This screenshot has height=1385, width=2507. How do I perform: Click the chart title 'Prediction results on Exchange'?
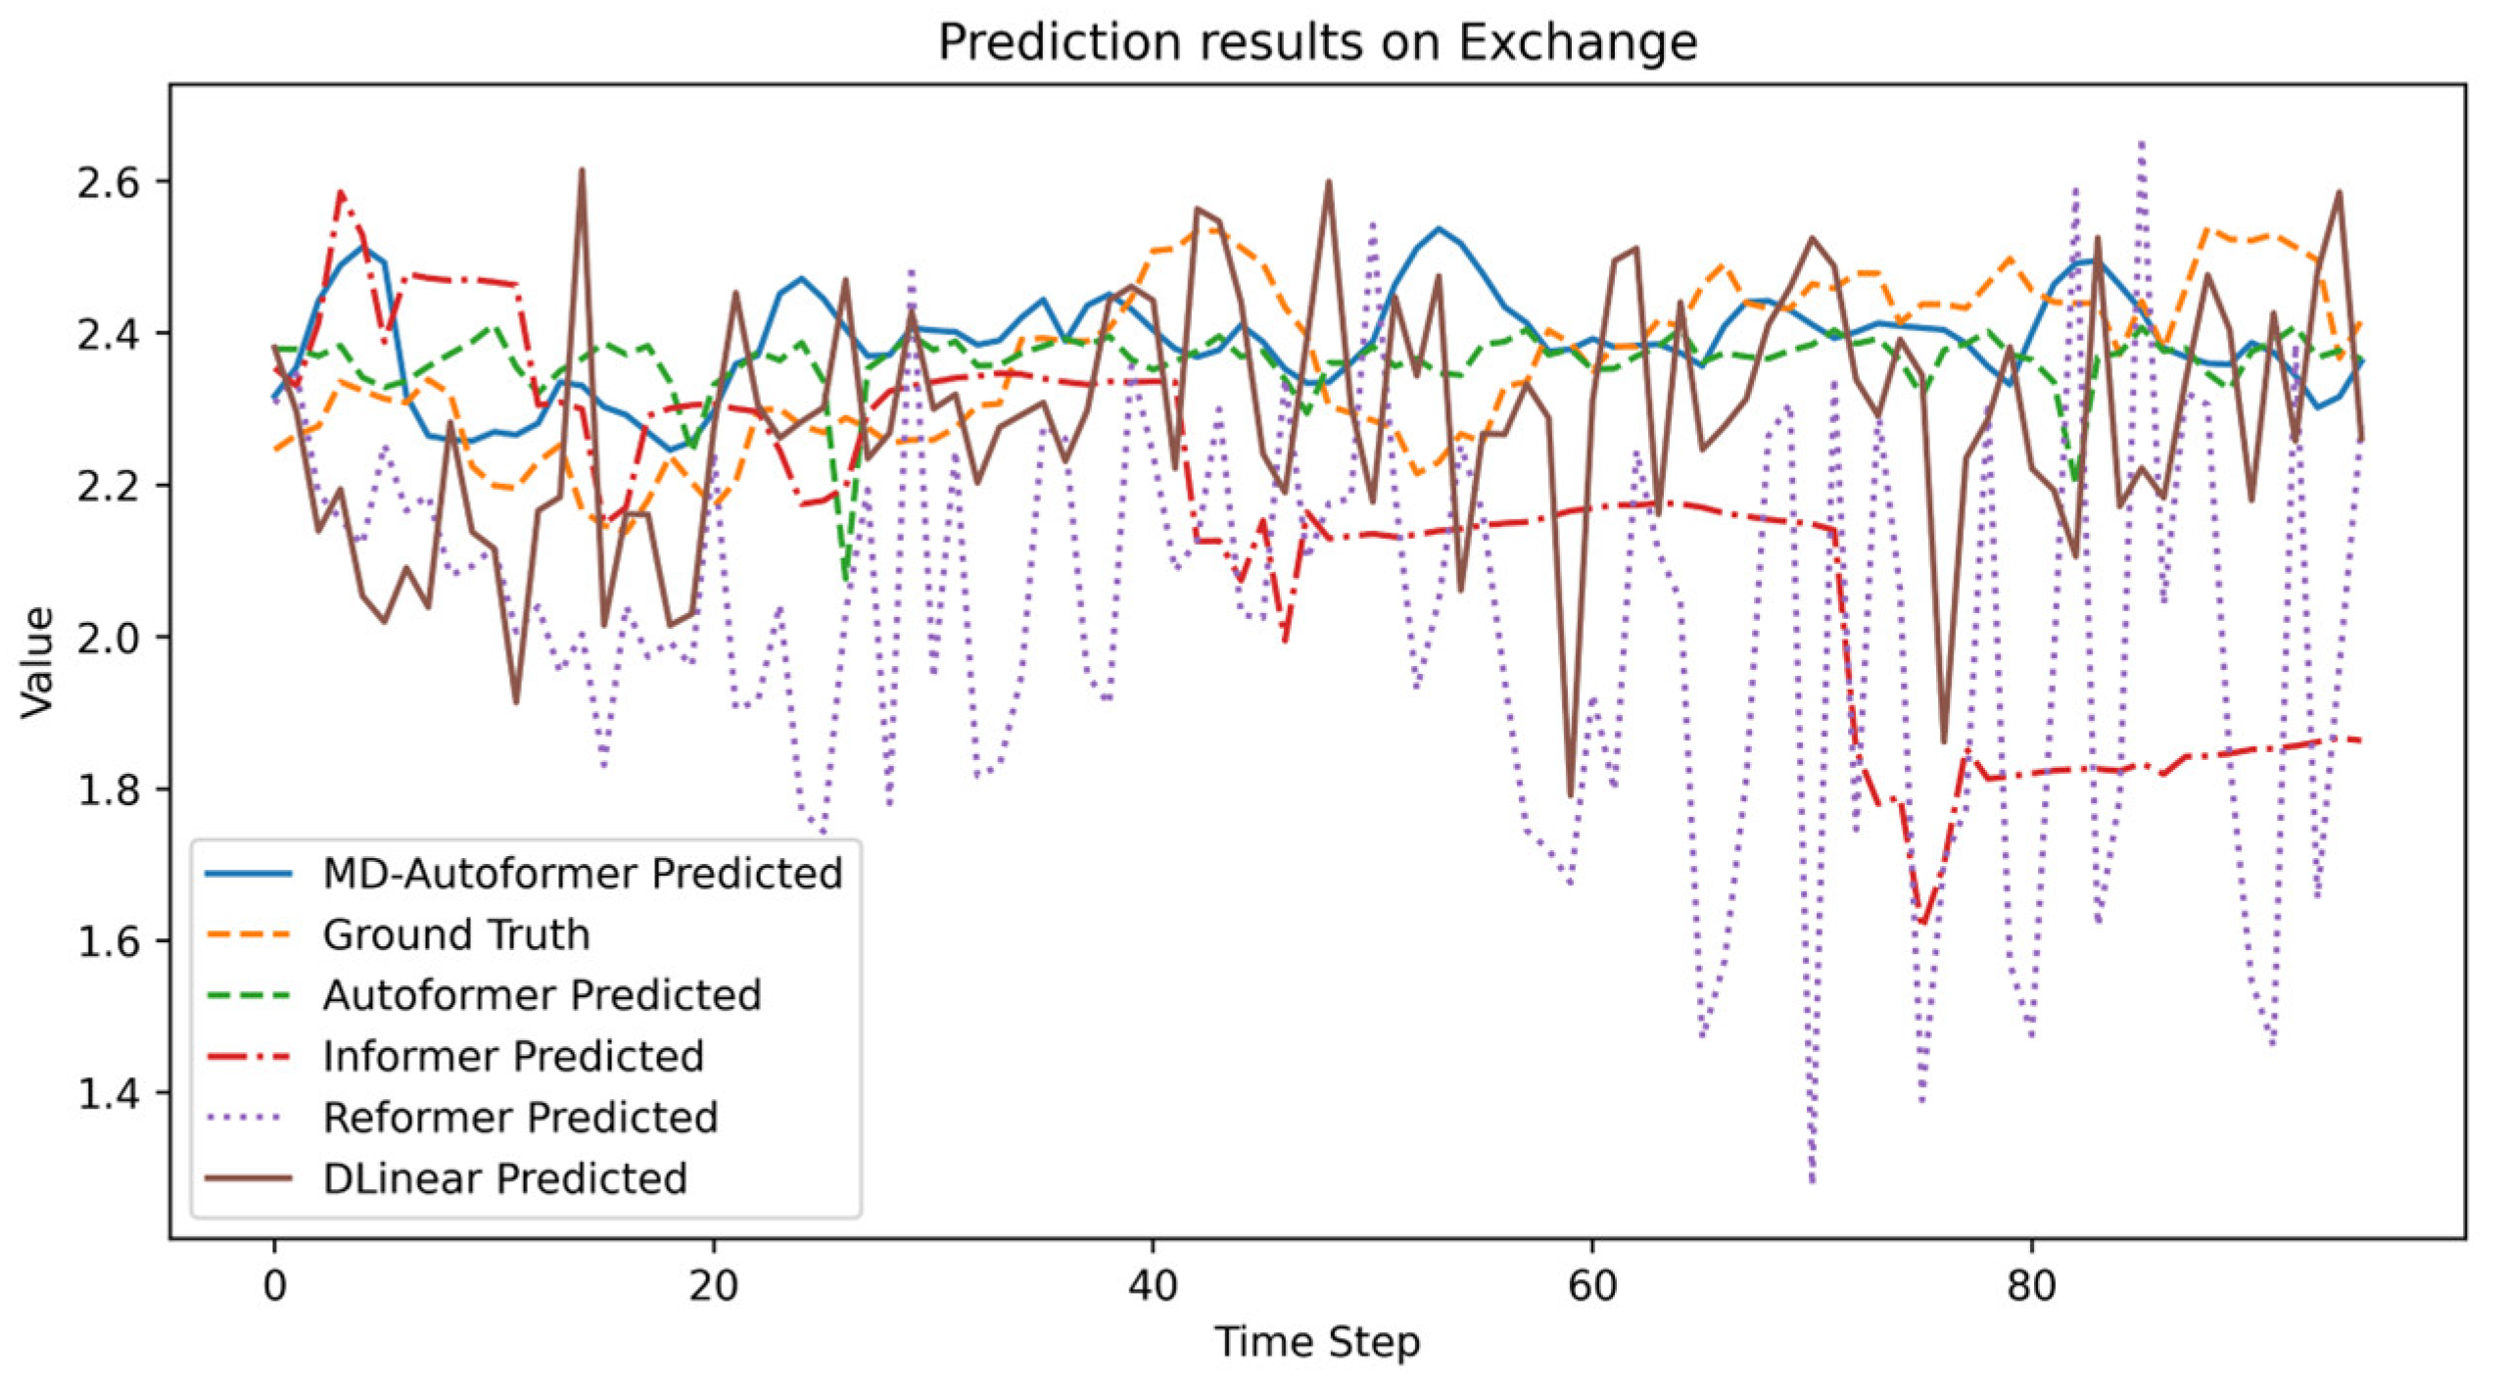coord(1316,43)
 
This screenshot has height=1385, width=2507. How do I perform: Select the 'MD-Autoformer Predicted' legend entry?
coord(582,874)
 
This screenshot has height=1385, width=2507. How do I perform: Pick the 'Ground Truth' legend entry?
coord(456,934)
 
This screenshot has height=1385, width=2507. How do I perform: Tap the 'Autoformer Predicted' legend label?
coord(542,995)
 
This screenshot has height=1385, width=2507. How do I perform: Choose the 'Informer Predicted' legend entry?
coord(513,1056)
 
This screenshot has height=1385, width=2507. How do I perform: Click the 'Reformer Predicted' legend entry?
coord(520,1118)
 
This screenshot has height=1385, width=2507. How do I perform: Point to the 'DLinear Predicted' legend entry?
coord(504,1178)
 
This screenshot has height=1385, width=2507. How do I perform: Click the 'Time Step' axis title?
coord(1316,1342)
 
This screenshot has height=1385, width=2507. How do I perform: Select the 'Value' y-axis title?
coord(37,662)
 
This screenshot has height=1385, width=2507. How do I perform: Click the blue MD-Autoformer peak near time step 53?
coord(1439,229)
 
